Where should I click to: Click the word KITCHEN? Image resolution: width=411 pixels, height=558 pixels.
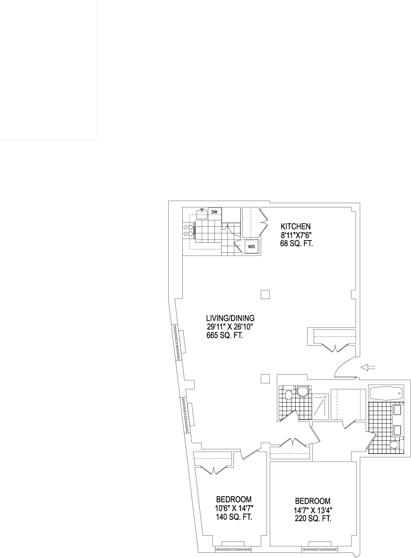pyautogui.click(x=296, y=226)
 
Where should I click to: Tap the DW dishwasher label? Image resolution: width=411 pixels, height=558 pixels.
pyautogui.click(x=214, y=212)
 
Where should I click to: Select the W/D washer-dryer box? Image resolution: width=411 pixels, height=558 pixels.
pyautogui.click(x=251, y=246)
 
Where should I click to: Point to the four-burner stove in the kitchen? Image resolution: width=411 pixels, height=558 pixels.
pyautogui.click(x=188, y=230)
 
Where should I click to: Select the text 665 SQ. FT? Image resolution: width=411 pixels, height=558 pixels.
pyautogui.click(x=225, y=335)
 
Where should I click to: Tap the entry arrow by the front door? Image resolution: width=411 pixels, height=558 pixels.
pyautogui.click(x=368, y=368)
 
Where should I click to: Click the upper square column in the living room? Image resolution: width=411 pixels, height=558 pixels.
pyautogui.click(x=265, y=295)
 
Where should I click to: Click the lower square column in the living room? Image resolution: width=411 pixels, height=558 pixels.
pyautogui.click(x=265, y=378)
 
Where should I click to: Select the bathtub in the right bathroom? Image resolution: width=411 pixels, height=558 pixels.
pyautogui.click(x=387, y=394)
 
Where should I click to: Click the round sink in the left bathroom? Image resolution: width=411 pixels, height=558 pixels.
pyautogui.click(x=303, y=392)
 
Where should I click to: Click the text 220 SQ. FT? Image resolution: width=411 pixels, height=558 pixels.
pyautogui.click(x=313, y=518)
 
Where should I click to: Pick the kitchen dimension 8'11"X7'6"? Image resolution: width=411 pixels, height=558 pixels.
pyautogui.click(x=296, y=235)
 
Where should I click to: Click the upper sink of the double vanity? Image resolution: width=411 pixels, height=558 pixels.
pyautogui.click(x=397, y=410)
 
